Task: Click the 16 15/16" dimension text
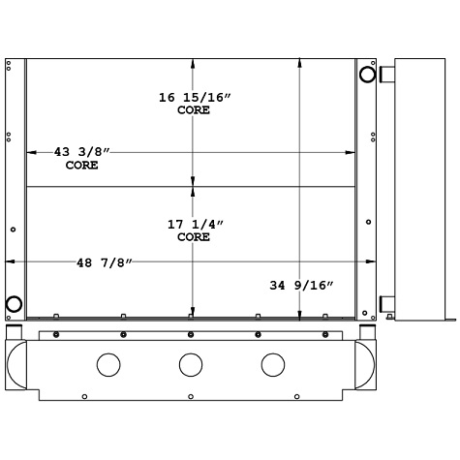194,97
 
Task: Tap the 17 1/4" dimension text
195,224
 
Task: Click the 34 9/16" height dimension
301,285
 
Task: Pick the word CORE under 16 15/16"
194,109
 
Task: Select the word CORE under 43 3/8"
81,166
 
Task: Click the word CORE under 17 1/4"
195,236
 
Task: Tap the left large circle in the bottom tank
108,365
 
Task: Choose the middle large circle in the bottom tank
190,365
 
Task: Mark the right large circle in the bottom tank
272,365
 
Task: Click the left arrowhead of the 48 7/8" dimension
11,262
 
